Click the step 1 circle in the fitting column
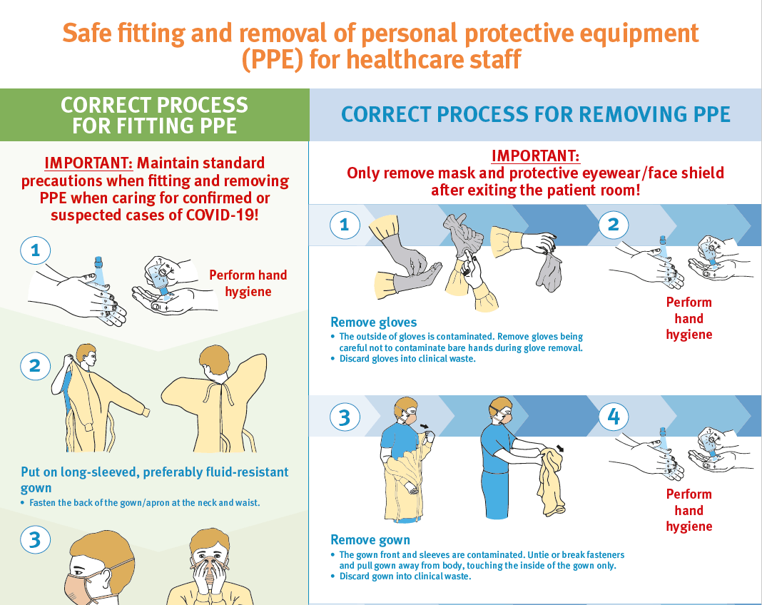tap(35, 250)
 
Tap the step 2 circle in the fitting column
tap(35, 366)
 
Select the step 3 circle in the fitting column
tap(35, 539)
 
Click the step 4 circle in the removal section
tap(614, 417)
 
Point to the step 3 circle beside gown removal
tap(345, 417)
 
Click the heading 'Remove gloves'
tap(373, 322)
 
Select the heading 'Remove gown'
tap(370, 540)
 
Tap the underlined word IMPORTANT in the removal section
tap(535, 156)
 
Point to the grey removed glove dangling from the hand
tap(549, 272)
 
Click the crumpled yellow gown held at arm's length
tap(551, 481)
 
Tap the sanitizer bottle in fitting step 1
tap(98, 270)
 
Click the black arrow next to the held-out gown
tap(560, 447)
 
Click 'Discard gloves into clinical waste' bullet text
tap(407, 359)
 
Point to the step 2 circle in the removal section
tap(614, 225)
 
